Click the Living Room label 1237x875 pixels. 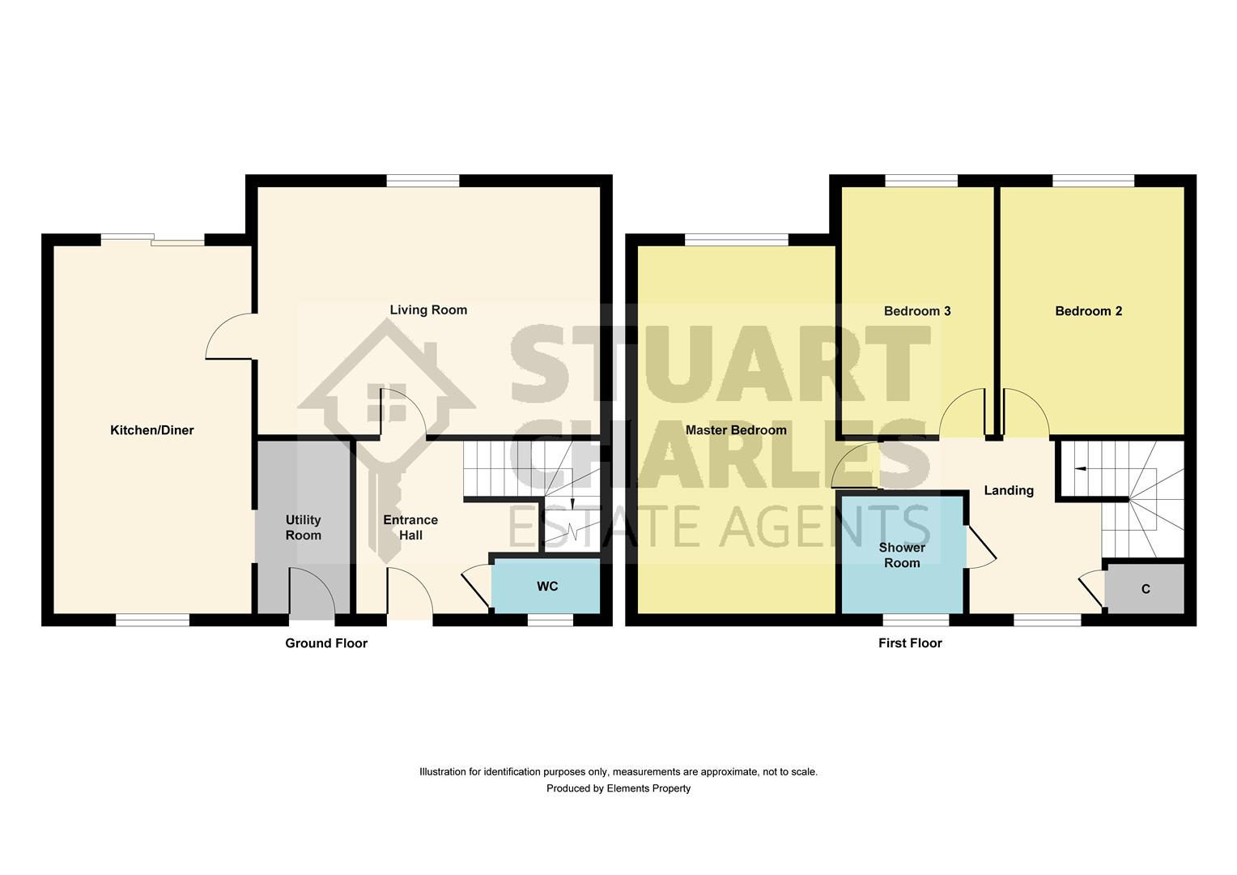tap(428, 309)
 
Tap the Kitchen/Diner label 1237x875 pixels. tap(152, 430)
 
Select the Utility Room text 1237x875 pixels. tap(304, 527)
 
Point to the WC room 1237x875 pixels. tap(546, 587)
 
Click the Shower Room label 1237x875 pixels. tap(902, 555)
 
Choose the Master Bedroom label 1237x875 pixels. tap(736, 430)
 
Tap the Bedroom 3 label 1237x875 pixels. tap(917, 311)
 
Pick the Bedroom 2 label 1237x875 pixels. tap(1088, 311)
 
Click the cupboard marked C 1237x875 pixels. tap(1145, 589)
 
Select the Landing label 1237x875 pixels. tap(1009, 490)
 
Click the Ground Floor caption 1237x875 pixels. tap(326, 643)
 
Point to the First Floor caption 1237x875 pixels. tap(910, 643)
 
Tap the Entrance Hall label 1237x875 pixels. tap(410, 527)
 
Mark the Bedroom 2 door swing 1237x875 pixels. tap(1024, 413)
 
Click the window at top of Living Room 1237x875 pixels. tap(423, 181)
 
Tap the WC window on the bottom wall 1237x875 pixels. tap(550, 620)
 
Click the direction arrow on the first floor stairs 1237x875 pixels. tap(1080, 468)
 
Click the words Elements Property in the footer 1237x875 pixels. tap(648, 788)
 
